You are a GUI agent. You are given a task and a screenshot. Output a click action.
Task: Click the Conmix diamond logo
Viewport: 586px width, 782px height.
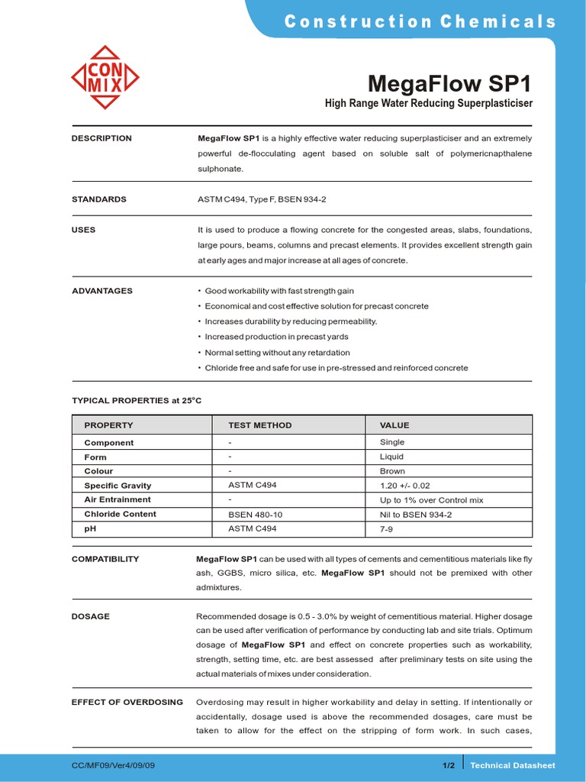[x=105, y=77]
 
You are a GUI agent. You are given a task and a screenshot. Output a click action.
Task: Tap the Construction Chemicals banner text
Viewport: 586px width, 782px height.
[x=420, y=21]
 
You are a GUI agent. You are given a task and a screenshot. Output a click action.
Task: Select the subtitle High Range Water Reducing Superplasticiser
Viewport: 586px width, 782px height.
[x=429, y=103]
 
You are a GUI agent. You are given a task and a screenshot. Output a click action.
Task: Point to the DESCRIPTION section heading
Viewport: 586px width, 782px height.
[x=101, y=138]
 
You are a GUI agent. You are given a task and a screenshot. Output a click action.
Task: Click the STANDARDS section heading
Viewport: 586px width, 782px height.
[x=99, y=199]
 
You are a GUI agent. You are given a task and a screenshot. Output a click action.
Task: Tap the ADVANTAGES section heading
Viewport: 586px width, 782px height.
[x=102, y=291]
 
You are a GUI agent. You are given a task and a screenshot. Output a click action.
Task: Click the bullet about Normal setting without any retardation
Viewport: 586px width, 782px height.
[x=277, y=353]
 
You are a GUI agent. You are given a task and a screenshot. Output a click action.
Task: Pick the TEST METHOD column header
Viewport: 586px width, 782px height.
[x=259, y=425]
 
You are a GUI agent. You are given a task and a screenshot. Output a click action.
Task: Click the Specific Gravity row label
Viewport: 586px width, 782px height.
[x=118, y=486]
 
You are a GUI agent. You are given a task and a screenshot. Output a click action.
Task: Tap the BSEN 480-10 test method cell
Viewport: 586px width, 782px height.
[x=255, y=515]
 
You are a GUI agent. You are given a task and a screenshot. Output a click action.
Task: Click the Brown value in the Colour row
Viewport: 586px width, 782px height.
[x=392, y=471]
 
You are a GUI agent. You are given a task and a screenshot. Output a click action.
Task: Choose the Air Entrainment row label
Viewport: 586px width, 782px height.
[x=118, y=499]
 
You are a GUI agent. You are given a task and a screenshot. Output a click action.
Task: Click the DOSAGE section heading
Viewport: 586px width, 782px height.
[x=91, y=616]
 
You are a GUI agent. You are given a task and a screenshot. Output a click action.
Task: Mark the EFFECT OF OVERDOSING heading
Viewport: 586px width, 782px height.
[x=127, y=702]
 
